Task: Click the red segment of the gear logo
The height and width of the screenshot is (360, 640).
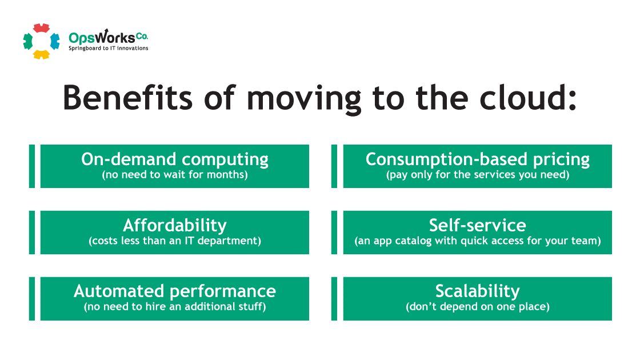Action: (41, 28)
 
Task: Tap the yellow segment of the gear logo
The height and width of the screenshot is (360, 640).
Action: (41, 54)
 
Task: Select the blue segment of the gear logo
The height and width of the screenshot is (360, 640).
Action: (55, 41)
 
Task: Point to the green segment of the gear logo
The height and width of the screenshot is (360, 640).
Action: (28, 41)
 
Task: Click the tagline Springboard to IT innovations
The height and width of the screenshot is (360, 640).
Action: (108, 48)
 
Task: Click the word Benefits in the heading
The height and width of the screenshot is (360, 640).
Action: (127, 98)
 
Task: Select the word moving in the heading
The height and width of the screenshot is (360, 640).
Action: (304, 101)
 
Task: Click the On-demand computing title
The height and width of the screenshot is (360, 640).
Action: (175, 159)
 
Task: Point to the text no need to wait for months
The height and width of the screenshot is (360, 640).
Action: (175, 175)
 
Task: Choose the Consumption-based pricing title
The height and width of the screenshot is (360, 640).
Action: (478, 159)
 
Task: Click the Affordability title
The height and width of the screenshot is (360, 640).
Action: (175, 225)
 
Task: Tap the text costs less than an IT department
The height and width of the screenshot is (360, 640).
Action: (175, 241)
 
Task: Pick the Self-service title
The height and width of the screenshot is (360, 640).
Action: (478, 225)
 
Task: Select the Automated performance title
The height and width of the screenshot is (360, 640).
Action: (175, 291)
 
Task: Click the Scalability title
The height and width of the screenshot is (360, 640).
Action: (478, 291)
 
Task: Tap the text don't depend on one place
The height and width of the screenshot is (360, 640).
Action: (478, 306)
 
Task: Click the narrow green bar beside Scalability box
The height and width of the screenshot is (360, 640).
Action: (334, 299)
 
